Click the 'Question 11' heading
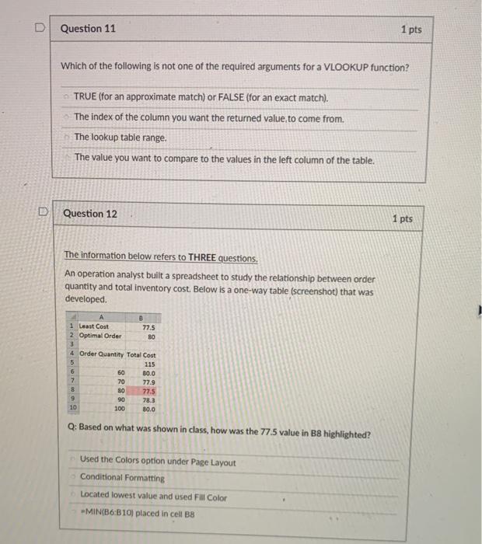pyautogui.click(x=88, y=29)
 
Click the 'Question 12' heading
pyautogui.click(x=90, y=214)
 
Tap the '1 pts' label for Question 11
pyautogui.click(x=411, y=30)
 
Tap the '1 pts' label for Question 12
pyautogui.click(x=402, y=219)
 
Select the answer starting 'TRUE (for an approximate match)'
pyautogui.click(x=201, y=99)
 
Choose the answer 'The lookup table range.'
pyautogui.click(x=120, y=138)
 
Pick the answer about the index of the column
pyautogui.click(x=208, y=117)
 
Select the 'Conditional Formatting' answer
pyautogui.click(x=122, y=478)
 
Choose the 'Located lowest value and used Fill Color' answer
pyautogui.click(x=153, y=496)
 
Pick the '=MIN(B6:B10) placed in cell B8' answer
pyautogui.click(x=137, y=514)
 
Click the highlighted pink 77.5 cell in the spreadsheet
pyautogui.click(x=148, y=392)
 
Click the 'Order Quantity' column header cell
pyautogui.click(x=100, y=355)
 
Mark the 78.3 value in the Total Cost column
pyautogui.click(x=148, y=400)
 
